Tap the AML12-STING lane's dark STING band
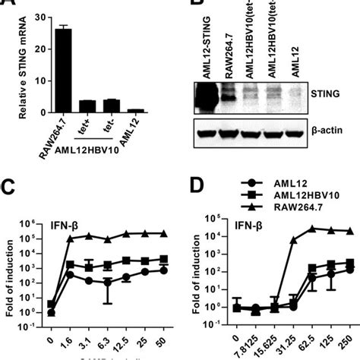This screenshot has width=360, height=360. (x=208, y=97)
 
